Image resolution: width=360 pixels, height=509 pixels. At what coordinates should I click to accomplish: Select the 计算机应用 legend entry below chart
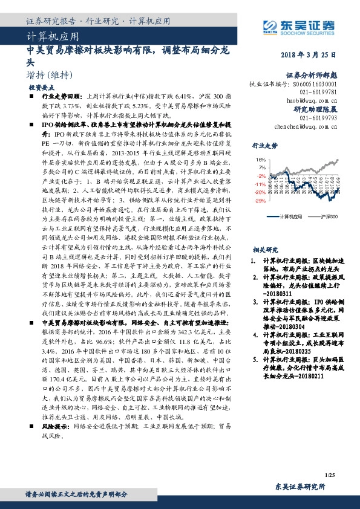pyautogui.click(x=290, y=215)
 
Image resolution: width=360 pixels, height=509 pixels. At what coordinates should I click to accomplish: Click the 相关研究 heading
pyautogui.click(x=264, y=249)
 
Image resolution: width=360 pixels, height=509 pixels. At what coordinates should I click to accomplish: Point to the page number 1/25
pyautogui.click(x=330, y=478)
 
